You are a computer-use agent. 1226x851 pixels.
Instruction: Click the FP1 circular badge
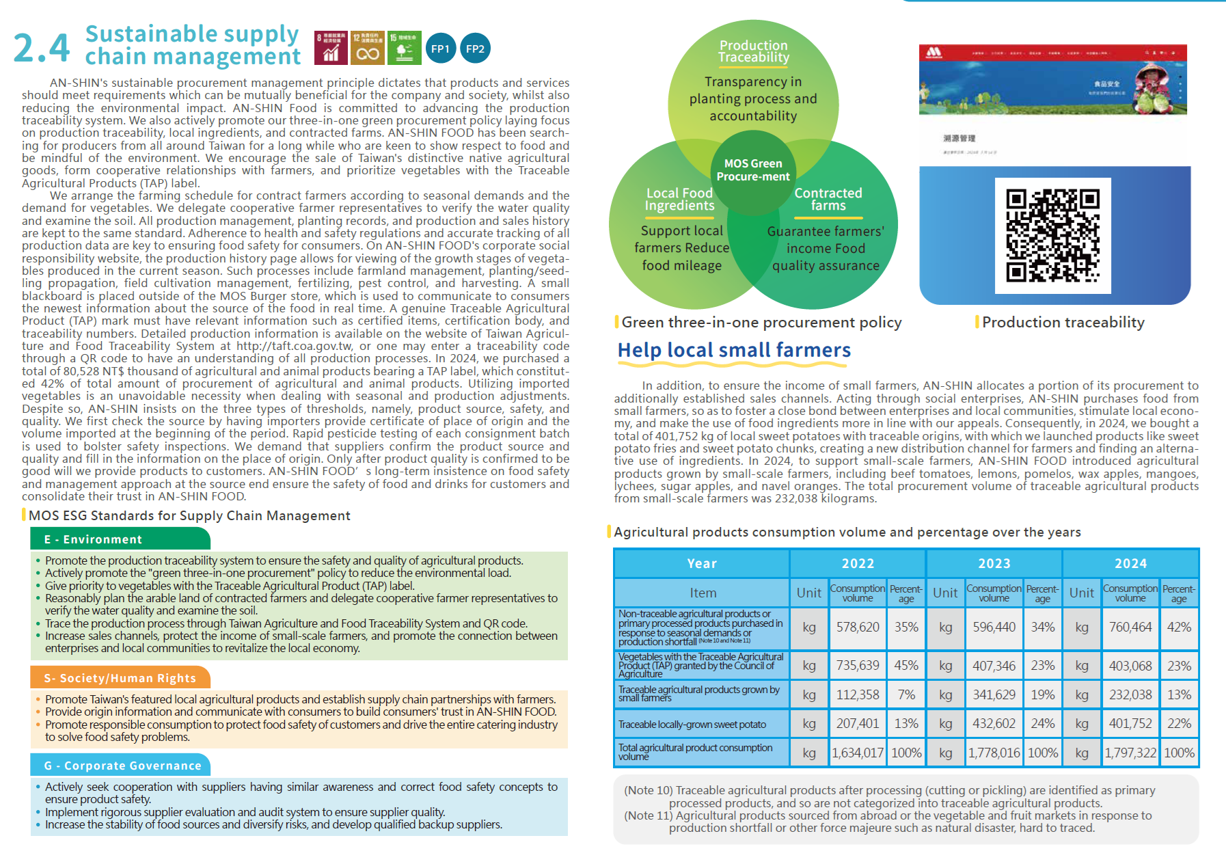coord(440,49)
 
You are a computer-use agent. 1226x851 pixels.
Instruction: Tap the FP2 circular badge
coord(475,49)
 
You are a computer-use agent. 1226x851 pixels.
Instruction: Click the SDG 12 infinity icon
coord(368,48)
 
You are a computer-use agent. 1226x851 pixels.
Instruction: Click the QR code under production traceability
coord(1052,236)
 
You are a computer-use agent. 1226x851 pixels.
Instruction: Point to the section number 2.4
coord(41,48)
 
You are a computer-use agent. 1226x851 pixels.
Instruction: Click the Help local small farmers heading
coord(734,350)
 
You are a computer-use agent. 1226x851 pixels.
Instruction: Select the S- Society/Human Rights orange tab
coord(120,678)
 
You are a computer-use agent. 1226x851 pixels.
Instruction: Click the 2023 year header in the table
coord(994,563)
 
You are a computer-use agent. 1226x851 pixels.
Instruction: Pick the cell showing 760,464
coord(1130,627)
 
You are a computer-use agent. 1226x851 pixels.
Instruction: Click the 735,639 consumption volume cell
coord(858,665)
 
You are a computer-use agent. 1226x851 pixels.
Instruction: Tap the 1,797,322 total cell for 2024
coord(1130,753)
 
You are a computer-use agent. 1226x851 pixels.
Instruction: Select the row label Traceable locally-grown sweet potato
coord(692,725)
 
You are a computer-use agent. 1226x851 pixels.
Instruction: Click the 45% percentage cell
coord(906,665)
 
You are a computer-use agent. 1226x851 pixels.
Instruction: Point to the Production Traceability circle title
coord(754,51)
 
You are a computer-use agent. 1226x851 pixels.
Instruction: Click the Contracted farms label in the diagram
coord(828,199)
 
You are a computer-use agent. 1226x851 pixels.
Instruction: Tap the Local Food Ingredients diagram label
coord(679,199)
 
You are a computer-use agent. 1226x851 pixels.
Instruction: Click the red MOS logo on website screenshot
coord(934,52)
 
